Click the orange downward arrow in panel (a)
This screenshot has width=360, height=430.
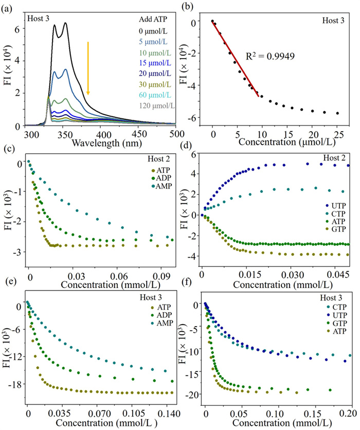pyautogui.click(x=88, y=68)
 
